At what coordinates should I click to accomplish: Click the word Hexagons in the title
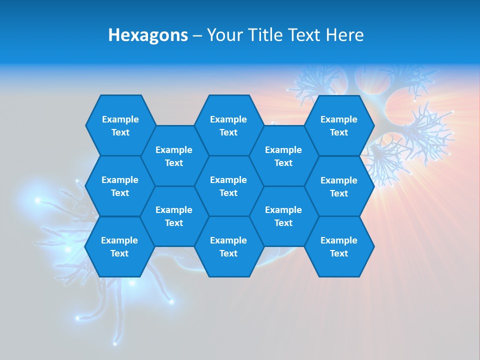[148, 35]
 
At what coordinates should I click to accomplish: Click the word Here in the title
[344, 35]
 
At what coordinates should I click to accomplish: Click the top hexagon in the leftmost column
[120, 125]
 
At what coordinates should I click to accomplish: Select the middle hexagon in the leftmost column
[120, 186]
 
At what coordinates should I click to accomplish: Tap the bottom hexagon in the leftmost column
[119, 246]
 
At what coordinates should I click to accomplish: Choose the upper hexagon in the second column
[174, 156]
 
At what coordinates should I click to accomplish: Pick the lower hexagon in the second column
[174, 216]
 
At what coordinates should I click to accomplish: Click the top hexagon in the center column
[228, 125]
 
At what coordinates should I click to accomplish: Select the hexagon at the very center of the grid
[228, 186]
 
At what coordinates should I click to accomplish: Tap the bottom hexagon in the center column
[228, 246]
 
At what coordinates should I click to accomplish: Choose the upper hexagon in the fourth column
[283, 156]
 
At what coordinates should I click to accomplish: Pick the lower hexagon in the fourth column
[283, 216]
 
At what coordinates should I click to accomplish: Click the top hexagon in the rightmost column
[339, 125]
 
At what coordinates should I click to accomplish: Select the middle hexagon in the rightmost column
[339, 186]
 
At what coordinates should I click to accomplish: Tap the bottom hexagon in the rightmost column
[339, 246]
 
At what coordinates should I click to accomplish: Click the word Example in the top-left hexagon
[120, 119]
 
